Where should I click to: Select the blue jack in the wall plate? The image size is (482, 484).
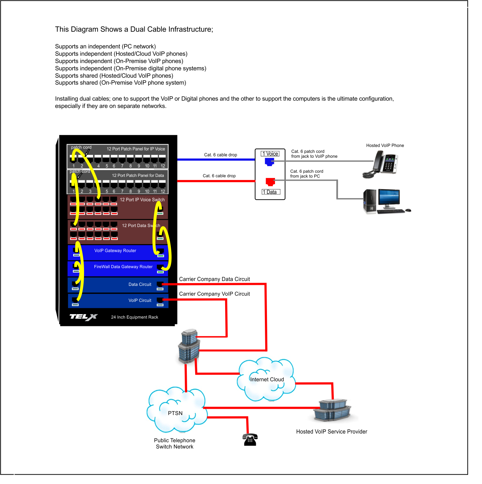(x=269, y=162)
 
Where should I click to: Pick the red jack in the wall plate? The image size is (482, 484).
(x=270, y=181)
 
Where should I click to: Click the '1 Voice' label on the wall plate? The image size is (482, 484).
(x=270, y=154)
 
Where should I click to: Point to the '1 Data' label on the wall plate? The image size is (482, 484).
(x=271, y=192)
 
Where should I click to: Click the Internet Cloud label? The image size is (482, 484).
(x=267, y=380)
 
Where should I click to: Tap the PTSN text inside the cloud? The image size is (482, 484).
(x=175, y=413)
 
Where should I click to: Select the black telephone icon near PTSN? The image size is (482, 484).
(x=250, y=440)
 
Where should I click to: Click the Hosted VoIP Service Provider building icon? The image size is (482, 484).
(x=332, y=411)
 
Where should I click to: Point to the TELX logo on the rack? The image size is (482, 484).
(x=84, y=317)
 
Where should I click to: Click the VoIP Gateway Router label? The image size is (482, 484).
(x=115, y=251)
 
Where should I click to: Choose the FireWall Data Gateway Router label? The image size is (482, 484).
(x=123, y=267)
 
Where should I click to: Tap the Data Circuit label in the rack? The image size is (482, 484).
(x=140, y=284)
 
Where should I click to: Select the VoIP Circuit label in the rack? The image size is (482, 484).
(x=140, y=300)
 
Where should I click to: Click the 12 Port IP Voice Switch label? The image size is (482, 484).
(x=142, y=200)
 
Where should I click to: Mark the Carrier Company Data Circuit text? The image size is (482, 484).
(x=214, y=279)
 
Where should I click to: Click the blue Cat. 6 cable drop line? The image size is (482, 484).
(x=216, y=159)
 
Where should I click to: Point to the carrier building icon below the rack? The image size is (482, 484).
(x=189, y=346)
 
